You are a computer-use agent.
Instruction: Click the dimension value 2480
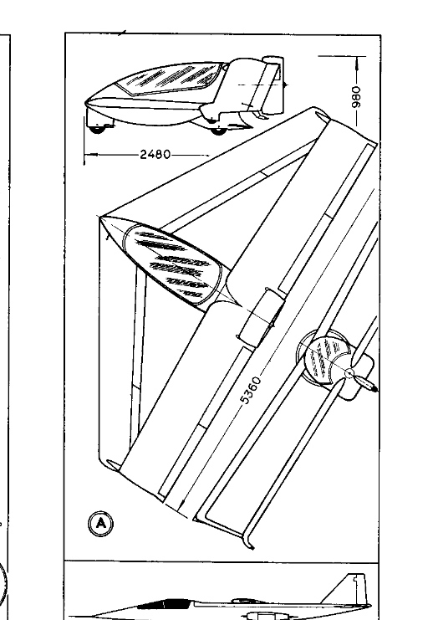[155, 154]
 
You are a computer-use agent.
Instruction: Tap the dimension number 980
[356, 97]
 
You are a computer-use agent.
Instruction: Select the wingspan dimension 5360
[251, 390]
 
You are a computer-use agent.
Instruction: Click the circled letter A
[101, 524]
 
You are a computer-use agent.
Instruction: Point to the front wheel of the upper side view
[96, 129]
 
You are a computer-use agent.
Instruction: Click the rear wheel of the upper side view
[217, 130]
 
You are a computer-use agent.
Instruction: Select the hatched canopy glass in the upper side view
[169, 79]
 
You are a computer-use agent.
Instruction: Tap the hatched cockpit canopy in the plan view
[173, 265]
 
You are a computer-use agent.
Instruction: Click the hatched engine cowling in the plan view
[326, 359]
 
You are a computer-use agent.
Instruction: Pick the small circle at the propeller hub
[349, 373]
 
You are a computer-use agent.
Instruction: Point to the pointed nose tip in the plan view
[99, 217]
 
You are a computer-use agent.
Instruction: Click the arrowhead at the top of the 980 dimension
[357, 59]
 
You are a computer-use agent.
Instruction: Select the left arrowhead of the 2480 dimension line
[88, 154]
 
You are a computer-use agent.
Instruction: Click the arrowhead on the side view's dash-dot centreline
[285, 85]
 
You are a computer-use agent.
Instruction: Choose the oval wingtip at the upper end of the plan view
[322, 116]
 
